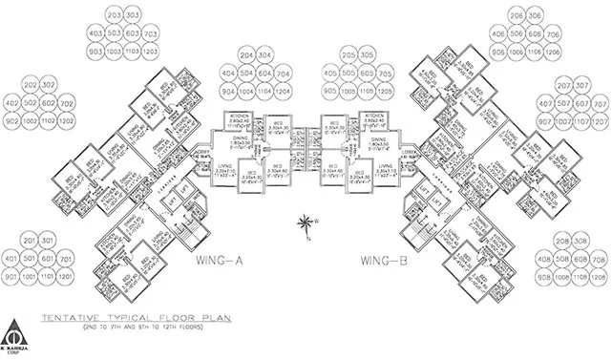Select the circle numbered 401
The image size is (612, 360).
click(12, 258)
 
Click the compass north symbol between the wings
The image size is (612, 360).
click(305, 225)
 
